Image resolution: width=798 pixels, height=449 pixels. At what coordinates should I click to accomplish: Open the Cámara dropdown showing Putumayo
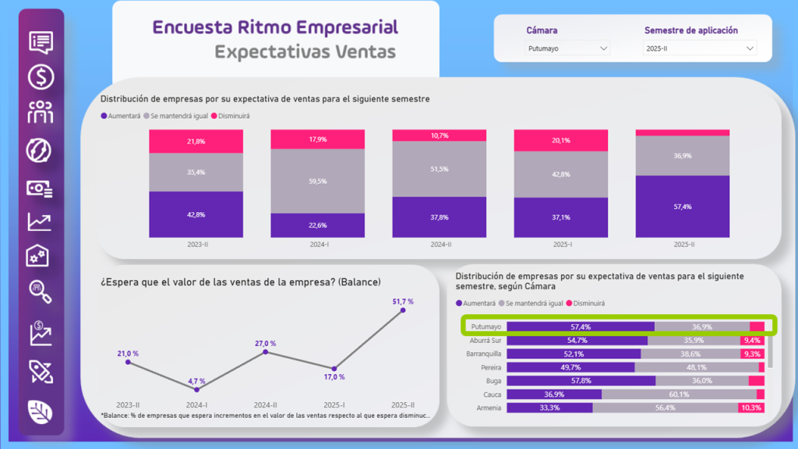click(x=567, y=48)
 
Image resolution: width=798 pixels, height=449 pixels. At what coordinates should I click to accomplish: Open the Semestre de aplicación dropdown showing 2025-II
click(x=700, y=48)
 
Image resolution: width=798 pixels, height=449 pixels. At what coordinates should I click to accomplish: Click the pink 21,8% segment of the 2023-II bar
click(x=196, y=141)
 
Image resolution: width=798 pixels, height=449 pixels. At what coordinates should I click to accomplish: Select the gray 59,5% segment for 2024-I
click(x=317, y=181)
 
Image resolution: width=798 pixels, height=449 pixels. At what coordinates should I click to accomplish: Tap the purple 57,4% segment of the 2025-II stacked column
click(x=682, y=207)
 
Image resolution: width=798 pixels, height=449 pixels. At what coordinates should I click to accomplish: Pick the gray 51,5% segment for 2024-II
click(x=439, y=169)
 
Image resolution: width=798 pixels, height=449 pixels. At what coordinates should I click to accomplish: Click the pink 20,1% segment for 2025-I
click(x=560, y=140)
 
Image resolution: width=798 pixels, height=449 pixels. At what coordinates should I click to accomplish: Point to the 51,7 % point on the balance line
click(x=403, y=310)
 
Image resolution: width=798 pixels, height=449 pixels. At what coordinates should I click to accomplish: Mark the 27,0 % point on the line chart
click(x=266, y=352)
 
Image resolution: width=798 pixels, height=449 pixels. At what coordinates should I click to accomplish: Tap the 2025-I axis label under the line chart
click(x=334, y=405)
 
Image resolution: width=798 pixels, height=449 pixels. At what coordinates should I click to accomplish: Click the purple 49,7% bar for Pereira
click(x=570, y=367)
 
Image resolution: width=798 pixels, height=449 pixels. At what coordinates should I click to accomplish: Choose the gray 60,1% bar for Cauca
click(x=678, y=394)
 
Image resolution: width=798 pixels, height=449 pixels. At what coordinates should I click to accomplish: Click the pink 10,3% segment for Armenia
click(x=751, y=408)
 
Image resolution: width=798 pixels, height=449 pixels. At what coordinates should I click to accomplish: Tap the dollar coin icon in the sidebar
click(x=41, y=76)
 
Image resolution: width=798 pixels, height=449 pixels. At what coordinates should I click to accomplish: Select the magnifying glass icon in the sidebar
click(x=41, y=291)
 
